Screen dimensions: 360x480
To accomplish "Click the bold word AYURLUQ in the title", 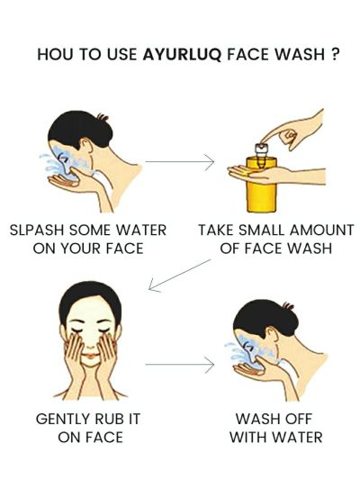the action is click(182, 55).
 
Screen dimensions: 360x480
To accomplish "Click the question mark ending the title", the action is click(335, 54).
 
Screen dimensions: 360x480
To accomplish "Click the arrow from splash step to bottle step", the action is click(179, 161).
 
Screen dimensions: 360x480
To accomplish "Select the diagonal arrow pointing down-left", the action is click(179, 276).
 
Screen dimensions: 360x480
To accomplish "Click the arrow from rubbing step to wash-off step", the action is click(179, 365).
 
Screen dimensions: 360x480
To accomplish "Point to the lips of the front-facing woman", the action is click(90, 355).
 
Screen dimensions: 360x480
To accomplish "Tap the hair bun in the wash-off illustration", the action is click(288, 306).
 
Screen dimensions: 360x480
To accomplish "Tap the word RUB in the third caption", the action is click(109, 419).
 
